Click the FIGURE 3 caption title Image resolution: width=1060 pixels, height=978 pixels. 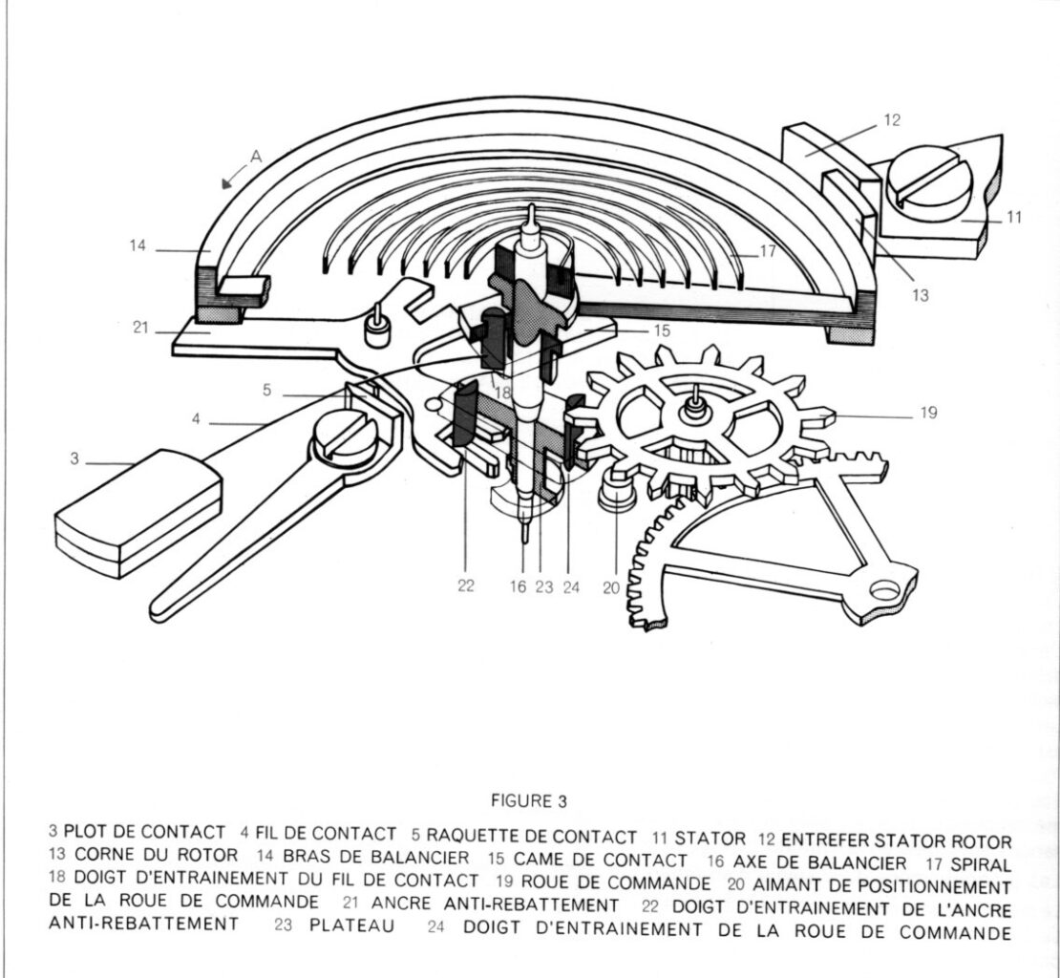(529, 800)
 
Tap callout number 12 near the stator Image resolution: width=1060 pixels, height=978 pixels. (892, 120)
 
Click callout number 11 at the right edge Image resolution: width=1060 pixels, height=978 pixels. (1014, 217)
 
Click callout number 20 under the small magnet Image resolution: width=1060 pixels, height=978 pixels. (612, 588)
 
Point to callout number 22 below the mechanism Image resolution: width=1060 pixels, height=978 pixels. (466, 587)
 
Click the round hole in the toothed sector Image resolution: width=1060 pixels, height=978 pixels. (886, 591)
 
